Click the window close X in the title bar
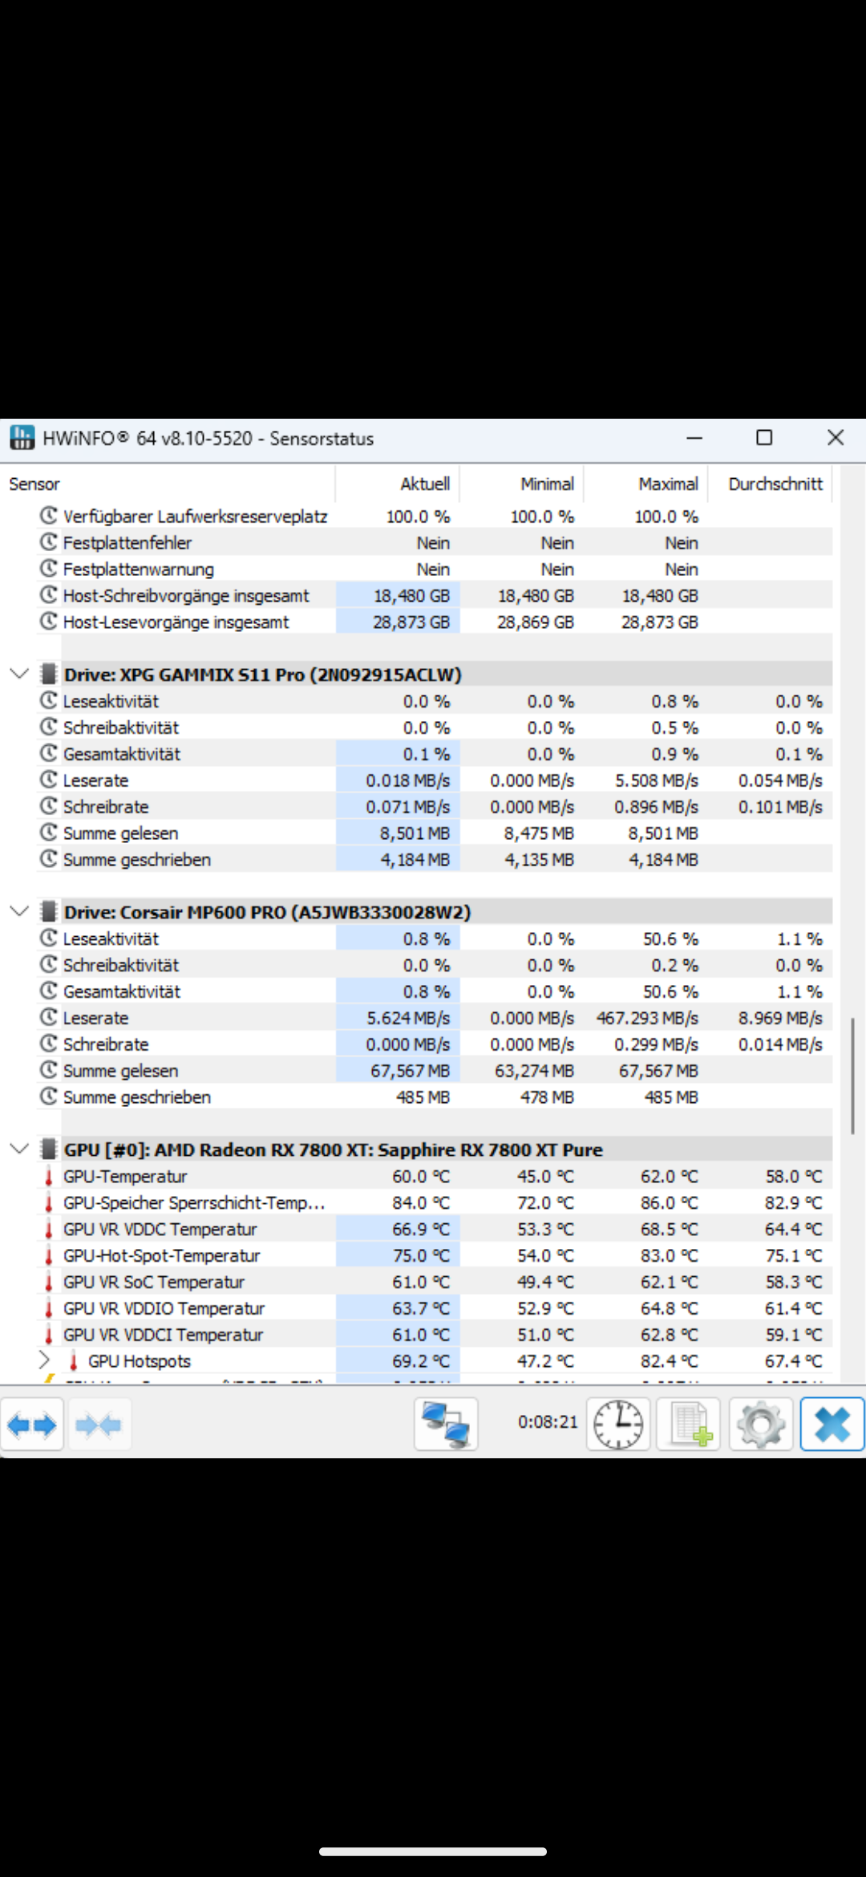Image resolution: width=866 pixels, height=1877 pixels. click(836, 437)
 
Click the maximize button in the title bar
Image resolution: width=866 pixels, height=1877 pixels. click(764, 437)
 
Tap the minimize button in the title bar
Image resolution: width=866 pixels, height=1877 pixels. click(694, 438)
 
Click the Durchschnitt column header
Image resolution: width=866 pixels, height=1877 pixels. click(775, 484)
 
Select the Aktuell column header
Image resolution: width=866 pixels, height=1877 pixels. click(425, 484)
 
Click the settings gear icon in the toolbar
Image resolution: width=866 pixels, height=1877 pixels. click(760, 1425)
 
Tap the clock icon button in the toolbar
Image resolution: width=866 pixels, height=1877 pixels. click(618, 1425)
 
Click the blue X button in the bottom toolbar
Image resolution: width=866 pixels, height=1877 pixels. click(832, 1425)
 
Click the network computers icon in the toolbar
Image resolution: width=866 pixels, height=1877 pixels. click(446, 1425)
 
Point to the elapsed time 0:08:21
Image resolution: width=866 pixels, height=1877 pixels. click(548, 1422)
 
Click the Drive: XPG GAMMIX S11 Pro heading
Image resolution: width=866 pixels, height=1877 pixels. click(262, 675)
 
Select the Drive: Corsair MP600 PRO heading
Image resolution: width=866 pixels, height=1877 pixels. click(267, 912)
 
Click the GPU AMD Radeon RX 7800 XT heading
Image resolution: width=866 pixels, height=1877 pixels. click(333, 1149)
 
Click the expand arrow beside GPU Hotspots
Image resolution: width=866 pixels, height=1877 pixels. click(45, 1360)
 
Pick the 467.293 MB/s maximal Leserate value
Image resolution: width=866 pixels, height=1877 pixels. click(647, 1018)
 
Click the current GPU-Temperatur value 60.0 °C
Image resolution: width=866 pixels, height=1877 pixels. click(421, 1177)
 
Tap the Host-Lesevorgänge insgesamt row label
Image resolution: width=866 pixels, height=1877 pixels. click(176, 622)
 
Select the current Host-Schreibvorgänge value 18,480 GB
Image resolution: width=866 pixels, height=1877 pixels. click(411, 596)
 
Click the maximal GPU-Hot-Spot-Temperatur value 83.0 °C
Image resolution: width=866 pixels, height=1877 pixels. click(670, 1255)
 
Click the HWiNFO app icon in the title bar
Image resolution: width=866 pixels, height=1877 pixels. click(22, 438)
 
